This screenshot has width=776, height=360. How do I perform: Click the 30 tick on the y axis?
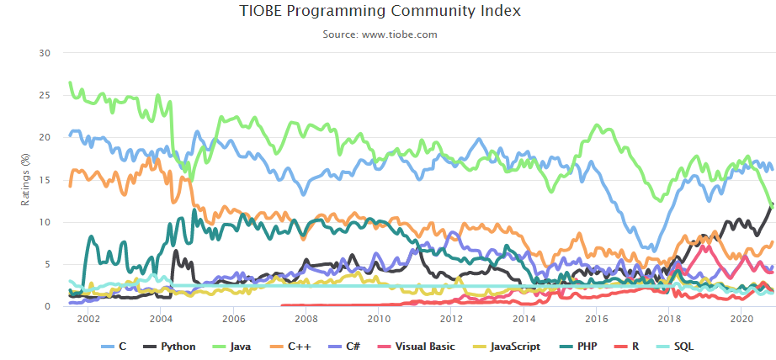(45, 53)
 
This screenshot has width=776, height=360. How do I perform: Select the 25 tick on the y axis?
(45, 95)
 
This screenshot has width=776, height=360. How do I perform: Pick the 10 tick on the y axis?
(45, 222)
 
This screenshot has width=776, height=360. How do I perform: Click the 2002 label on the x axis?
(88, 320)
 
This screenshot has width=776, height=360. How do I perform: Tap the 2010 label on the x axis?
(379, 320)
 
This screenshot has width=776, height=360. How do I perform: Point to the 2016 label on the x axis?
(597, 320)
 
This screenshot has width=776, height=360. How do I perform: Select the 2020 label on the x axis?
(741, 320)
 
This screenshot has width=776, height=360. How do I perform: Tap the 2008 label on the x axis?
(306, 320)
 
